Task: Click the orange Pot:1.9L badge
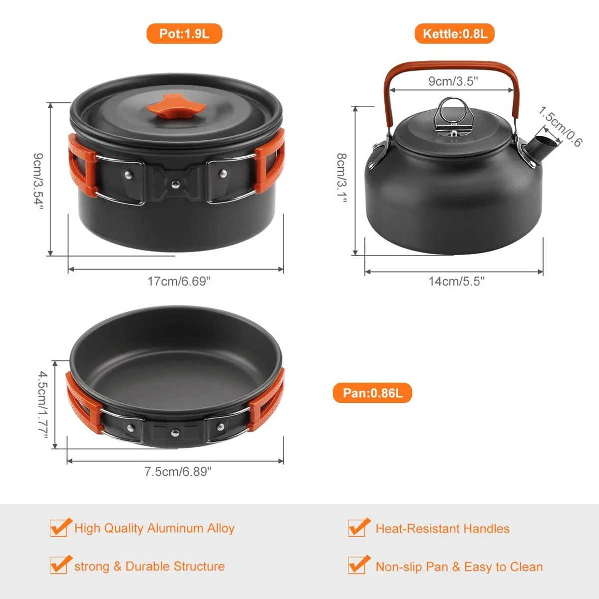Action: tap(184, 33)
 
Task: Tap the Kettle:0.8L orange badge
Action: tap(454, 33)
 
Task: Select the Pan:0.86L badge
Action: tap(372, 393)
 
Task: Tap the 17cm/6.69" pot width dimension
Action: tap(179, 282)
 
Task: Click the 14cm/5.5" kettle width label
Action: tap(456, 282)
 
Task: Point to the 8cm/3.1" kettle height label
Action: tap(342, 178)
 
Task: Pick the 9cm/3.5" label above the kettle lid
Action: tap(453, 81)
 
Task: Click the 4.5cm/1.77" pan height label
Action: tap(43, 404)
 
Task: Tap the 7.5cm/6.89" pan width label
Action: tap(178, 472)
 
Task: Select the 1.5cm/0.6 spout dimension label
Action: tap(560, 126)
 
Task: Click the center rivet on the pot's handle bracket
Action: tap(175, 184)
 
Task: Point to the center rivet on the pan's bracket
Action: tap(175, 432)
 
